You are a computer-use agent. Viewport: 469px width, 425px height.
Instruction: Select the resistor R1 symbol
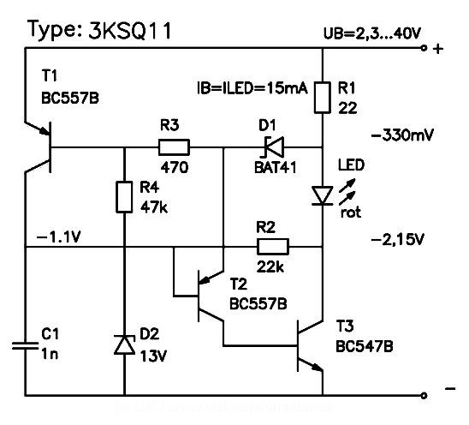point(323,97)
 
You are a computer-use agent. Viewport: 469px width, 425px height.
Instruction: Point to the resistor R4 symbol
point(125,194)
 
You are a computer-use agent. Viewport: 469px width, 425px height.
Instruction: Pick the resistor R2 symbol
point(273,248)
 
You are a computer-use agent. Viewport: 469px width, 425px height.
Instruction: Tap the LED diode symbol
point(323,196)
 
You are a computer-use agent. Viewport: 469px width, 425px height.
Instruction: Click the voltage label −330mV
point(402,135)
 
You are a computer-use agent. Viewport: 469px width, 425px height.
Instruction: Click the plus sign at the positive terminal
point(439,50)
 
